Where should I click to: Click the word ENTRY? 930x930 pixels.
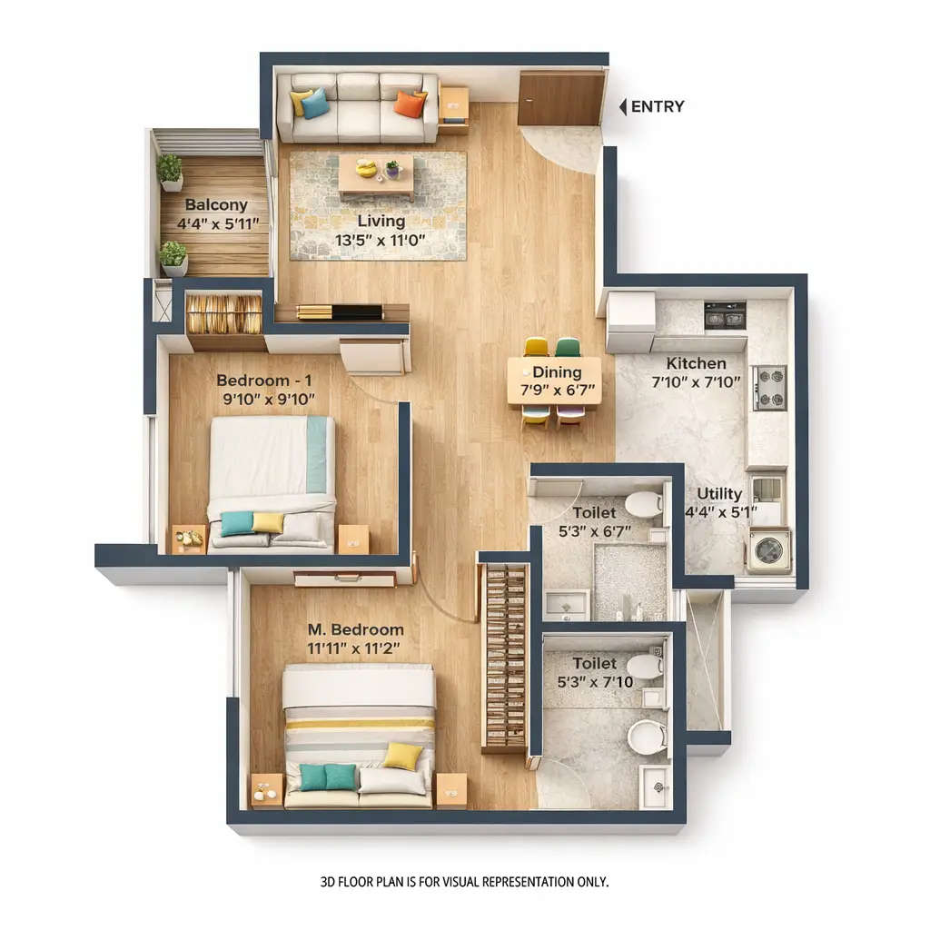(658, 107)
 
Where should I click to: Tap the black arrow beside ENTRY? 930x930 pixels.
(623, 107)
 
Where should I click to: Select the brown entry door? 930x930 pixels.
(560, 98)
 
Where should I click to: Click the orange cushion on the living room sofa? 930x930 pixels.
(410, 104)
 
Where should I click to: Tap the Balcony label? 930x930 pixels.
(216, 205)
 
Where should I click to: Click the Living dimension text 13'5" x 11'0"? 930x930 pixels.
(381, 242)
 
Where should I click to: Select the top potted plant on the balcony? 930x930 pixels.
(170, 171)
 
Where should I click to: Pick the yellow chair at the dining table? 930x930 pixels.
(536, 347)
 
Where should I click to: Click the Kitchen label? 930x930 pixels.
(696, 363)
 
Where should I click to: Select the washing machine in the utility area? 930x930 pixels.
(768, 550)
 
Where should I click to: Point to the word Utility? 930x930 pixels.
(719, 494)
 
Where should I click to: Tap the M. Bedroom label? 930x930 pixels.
(355, 629)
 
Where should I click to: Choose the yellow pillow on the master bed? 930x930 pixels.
(401, 756)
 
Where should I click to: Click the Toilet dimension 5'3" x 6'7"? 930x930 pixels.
(595, 532)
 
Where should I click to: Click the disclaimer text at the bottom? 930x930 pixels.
(464, 881)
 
